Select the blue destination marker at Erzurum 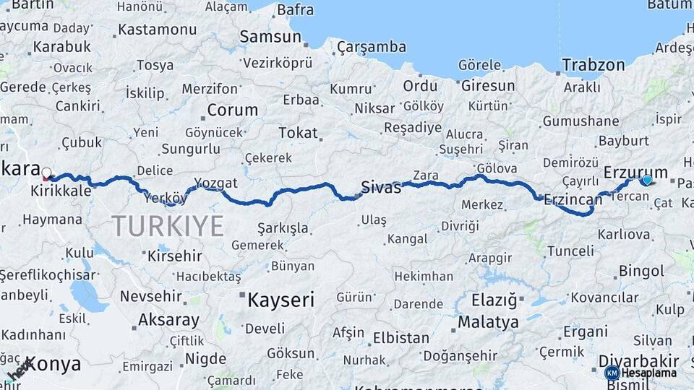tap(646, 180)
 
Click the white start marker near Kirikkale tap(47, 173)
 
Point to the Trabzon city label tap(594, 65)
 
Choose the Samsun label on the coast tap(270, 36)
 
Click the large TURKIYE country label tap(168, 226)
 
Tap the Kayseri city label tap(281, 300)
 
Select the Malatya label tap(488, 321)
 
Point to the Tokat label tap(298, 133)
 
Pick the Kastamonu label tap(157, 30)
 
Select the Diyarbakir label tap(639, 360)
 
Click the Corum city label tap(232, 110)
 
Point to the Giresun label tap(488, 86)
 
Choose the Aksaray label tap(168, 320)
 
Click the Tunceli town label tap(570, 251)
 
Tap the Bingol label tap(641, 272)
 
